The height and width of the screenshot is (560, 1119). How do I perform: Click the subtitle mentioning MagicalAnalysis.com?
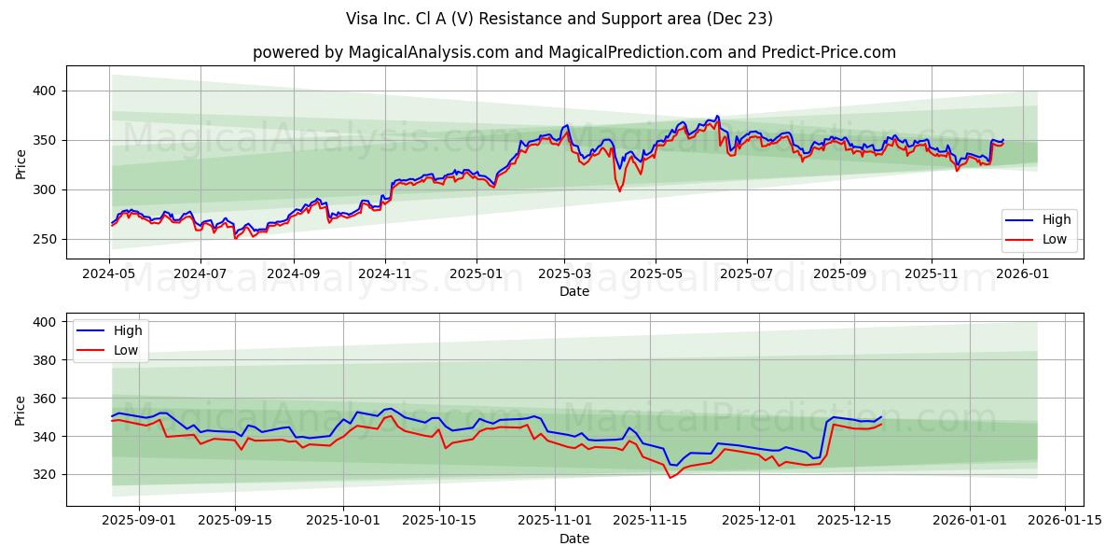[573, 52]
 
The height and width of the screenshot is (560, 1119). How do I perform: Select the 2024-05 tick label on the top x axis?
[110, 273]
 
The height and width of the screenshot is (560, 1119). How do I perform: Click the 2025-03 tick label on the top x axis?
[563, 273]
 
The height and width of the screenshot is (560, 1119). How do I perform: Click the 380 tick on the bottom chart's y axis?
[45, 359]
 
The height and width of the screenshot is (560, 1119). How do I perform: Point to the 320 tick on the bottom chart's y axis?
[45, 474]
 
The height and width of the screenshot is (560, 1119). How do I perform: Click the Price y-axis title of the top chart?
[21, 163]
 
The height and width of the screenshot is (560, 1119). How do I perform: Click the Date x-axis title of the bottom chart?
[573, 539]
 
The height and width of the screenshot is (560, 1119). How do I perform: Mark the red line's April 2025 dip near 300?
[619, 191]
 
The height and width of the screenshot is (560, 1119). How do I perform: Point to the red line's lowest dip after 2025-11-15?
[670, 478]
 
